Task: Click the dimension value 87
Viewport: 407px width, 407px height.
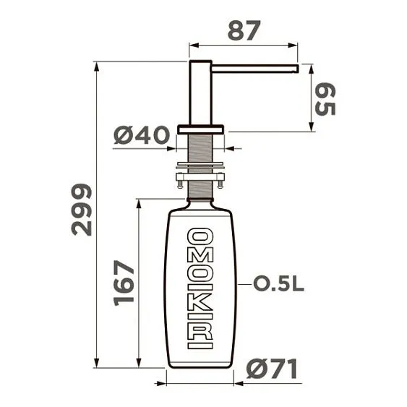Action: coord(244,30)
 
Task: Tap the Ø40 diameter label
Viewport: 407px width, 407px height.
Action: coord(142,134)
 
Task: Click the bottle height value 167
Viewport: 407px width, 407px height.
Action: coord(124,282)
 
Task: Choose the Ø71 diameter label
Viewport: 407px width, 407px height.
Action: coord(272,369)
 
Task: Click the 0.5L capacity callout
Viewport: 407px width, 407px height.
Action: coord(279,284)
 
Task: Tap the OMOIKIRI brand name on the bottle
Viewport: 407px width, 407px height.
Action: coord(200,288)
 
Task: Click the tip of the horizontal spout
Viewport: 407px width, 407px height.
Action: coord(296,69)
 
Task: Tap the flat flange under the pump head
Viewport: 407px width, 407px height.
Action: coord(200,129)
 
